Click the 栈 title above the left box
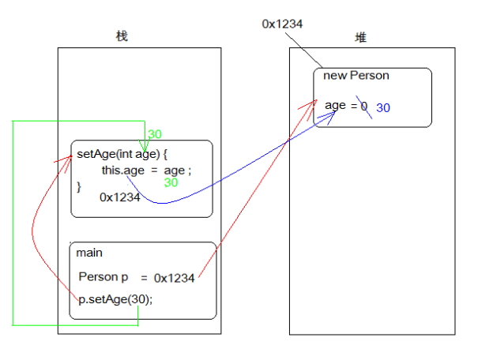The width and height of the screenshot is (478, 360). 122,36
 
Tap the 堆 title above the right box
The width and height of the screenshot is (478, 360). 360,37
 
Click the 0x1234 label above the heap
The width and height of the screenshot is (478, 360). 282,24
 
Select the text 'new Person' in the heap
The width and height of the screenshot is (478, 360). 356,76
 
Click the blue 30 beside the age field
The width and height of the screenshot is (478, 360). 383,107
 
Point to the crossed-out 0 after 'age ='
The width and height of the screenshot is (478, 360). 364,105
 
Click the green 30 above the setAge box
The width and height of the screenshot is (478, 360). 155,134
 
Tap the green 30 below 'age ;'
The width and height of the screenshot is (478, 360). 171,182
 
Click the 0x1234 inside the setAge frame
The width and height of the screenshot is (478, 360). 119,197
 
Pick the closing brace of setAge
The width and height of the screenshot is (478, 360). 79,186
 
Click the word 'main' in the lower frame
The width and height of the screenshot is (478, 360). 89,253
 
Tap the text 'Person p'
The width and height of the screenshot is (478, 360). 103,277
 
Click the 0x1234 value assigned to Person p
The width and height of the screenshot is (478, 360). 174,278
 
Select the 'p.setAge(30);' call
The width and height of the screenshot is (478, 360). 115,299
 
